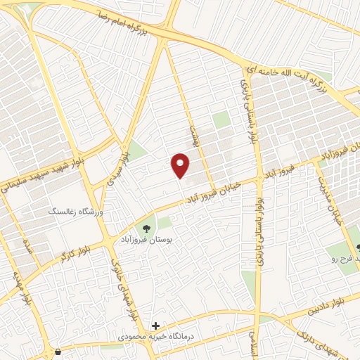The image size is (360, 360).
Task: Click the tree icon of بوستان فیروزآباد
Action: (147, 229)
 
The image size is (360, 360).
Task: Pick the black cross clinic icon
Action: (156, 326)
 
